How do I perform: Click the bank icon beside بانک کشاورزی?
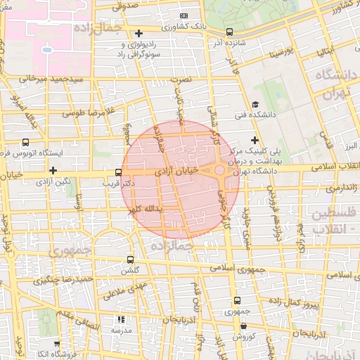coord(184,15)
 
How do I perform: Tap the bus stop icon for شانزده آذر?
coord(229,32)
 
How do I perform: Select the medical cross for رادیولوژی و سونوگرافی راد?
coord(139,33)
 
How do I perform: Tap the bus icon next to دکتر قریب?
coord(118,172)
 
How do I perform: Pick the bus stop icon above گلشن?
coord(129,259)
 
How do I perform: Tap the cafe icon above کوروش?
coord(244,326)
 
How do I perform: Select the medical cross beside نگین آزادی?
coord(53,170)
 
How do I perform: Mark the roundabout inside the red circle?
coord(220,170)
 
